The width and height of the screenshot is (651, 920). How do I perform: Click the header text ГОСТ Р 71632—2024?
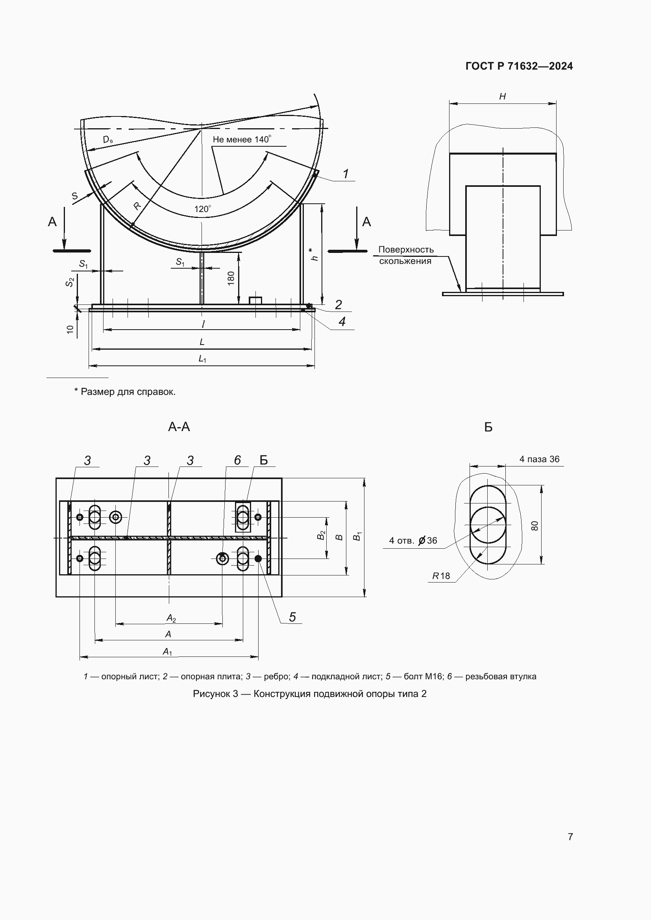tap(519, 66)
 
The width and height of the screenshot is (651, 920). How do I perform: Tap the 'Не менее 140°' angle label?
tap(242, 140)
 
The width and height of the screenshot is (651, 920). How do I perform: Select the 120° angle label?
tap(202, 209)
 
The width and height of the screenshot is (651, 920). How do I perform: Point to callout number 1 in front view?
tap(346, 173)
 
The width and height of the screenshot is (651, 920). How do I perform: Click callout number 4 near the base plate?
tap(342, 322)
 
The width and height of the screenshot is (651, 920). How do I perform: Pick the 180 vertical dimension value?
tap(231, 278)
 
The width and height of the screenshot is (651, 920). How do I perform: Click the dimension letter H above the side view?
tap(502, 97)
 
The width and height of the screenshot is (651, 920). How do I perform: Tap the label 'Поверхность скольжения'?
tap(406, 255)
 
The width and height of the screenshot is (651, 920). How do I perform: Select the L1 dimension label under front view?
tap(202, 359)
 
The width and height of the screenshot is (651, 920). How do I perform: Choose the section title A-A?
tap(179, 427)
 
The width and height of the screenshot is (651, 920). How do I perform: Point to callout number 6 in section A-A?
tap(237, 461)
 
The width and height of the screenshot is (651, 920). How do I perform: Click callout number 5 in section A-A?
tap(292, 617)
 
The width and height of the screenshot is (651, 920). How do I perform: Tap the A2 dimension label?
tap(171, 618)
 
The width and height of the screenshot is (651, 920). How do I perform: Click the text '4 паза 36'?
tap(539, 459)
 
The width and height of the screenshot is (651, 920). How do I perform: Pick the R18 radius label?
tap(441, 576)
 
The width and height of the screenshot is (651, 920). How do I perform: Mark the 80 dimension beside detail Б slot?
tap(535, 526)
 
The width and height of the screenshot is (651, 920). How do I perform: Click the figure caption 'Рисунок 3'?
tap(309, 693)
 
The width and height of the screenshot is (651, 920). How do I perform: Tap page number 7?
tap(570, 837)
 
